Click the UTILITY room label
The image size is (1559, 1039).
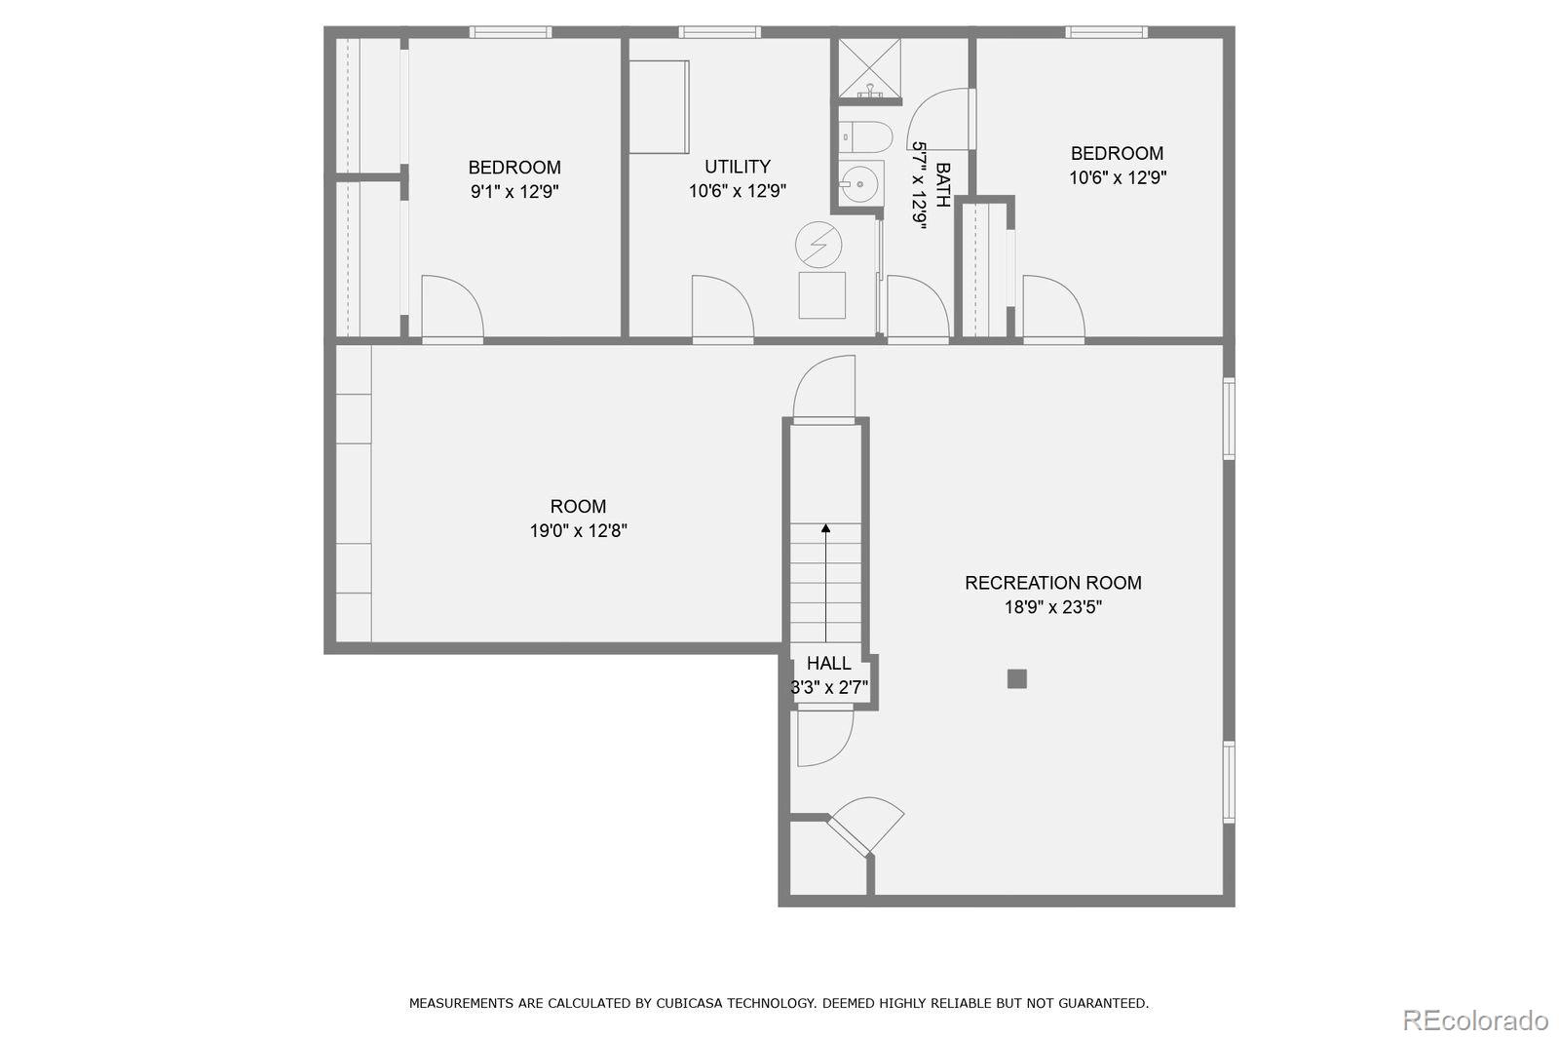click(x=738, y=167)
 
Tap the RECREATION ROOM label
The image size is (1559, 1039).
click(x=1052, y=583)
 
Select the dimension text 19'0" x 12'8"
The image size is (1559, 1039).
click(x=578, y=531)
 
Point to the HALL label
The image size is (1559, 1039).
click(x=828, y=663)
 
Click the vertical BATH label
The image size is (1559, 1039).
click(x=942, y=185)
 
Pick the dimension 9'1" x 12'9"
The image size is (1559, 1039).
click(x=514, y=192)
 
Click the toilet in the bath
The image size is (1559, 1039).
click(x=864, y=135)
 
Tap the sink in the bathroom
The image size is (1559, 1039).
click(x=860, y=182)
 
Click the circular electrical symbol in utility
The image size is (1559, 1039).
click(x=818, y=246)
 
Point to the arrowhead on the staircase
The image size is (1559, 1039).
click(x=825, y=528)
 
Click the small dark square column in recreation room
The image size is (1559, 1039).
click(x=1016, y=678)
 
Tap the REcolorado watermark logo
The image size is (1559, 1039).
click(x=1474, y=1020)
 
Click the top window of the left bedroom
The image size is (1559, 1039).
click(x=511, y=32)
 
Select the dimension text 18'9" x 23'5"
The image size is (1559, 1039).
click(x=1052, y=607)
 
